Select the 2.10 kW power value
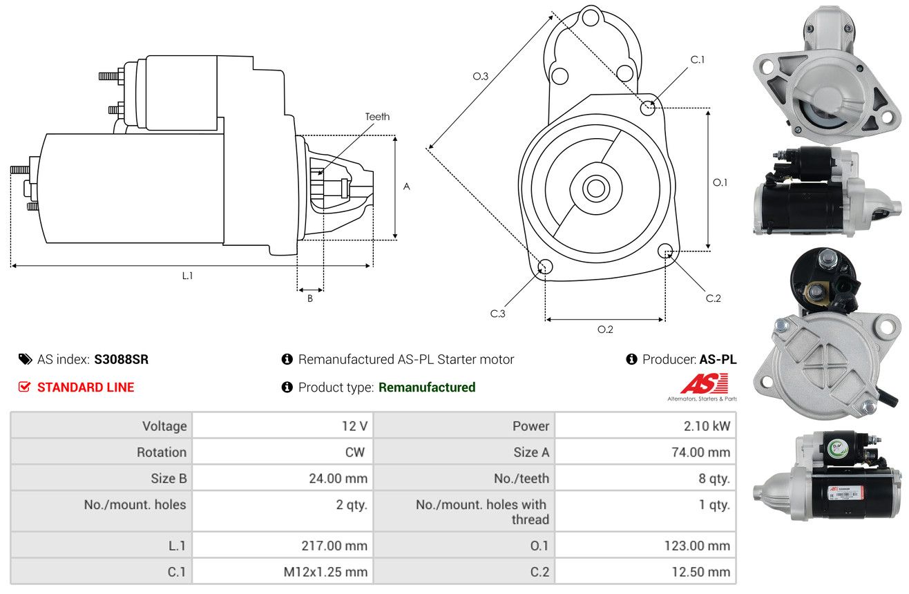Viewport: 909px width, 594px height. pyautogui.click(x=707, y=426)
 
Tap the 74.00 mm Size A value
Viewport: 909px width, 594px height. pyautogui.click(x=700, y=452)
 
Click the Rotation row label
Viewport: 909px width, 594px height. pyautogui.click(x=162, y=452)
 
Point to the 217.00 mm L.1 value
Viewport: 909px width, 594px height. pyautogui.click(x=334, y=546)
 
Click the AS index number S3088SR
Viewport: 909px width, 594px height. pyautogui.click(x=122, y=359)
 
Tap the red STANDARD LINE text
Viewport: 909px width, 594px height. pyautogui.click(x=86, y=387)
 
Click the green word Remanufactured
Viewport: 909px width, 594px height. pyautogui.click(x=427, y=387)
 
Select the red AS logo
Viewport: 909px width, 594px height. pyautogui.click(x=705, y=383)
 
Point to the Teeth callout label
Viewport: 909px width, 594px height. pyautogui.click(x=377, y=117)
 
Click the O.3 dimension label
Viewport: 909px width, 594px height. pyautogui.click(x=481, y=76)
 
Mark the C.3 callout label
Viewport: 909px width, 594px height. pyautogui.click(x=497, y=314)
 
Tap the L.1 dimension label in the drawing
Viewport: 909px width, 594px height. pyautogui.click(x=187, y=276)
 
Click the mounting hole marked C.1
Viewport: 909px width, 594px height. pyautogui.click(x=648, y=108)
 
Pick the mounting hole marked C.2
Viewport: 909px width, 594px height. pyautogui.click(x=665, y=250)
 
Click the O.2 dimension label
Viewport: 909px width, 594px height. pyautogui.click(x=605, y=329)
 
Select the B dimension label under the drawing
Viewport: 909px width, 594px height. pyautogui.click(x=310, y=298)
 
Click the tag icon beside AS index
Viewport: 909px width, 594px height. pyautogui.click(x=25, y=359)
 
